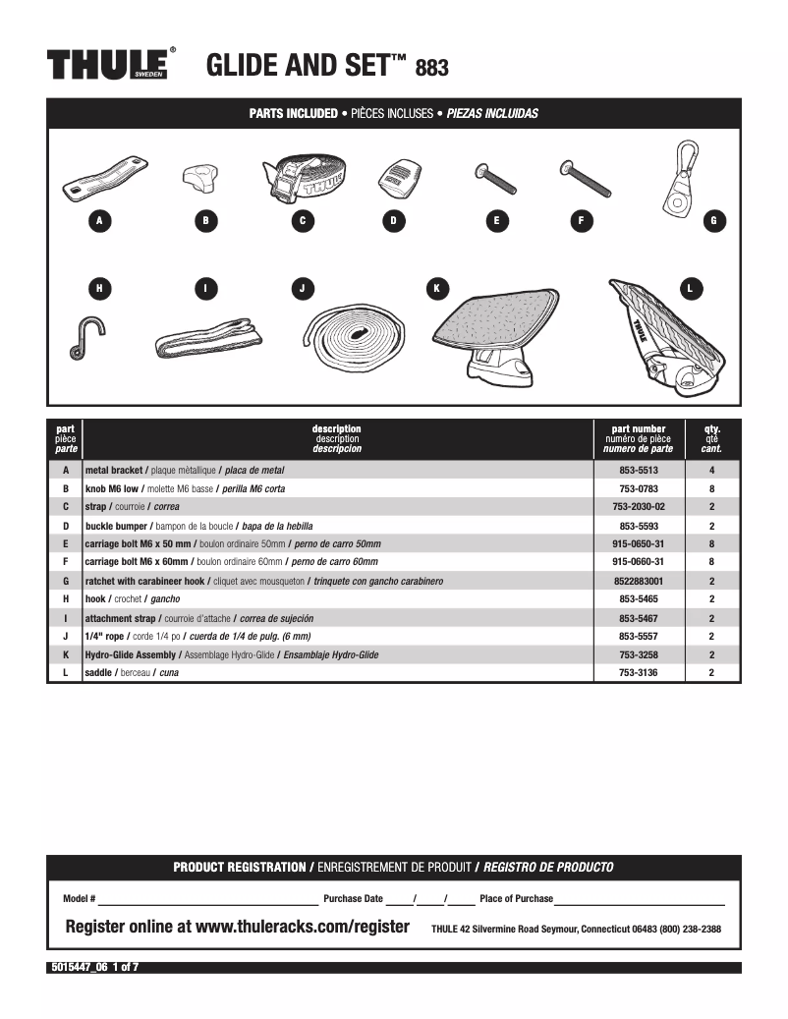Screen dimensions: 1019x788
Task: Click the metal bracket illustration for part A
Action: click(97, 177)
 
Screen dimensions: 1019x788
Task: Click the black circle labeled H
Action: click(99, 288)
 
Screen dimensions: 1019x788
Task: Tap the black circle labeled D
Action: click(393, 221)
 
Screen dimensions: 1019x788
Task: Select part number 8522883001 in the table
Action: click(639, 581)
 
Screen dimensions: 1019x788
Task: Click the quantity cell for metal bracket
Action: click(711, 471)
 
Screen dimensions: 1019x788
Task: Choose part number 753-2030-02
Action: click(639, 507)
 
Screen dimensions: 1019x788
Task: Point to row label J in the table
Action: click(65, 636)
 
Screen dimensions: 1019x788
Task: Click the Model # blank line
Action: click(206, 899)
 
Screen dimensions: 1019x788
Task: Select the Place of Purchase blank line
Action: click(639, 899)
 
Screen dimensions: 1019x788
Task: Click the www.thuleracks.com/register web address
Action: click(303, 927)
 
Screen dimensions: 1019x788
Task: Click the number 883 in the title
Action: click(432, 68)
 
